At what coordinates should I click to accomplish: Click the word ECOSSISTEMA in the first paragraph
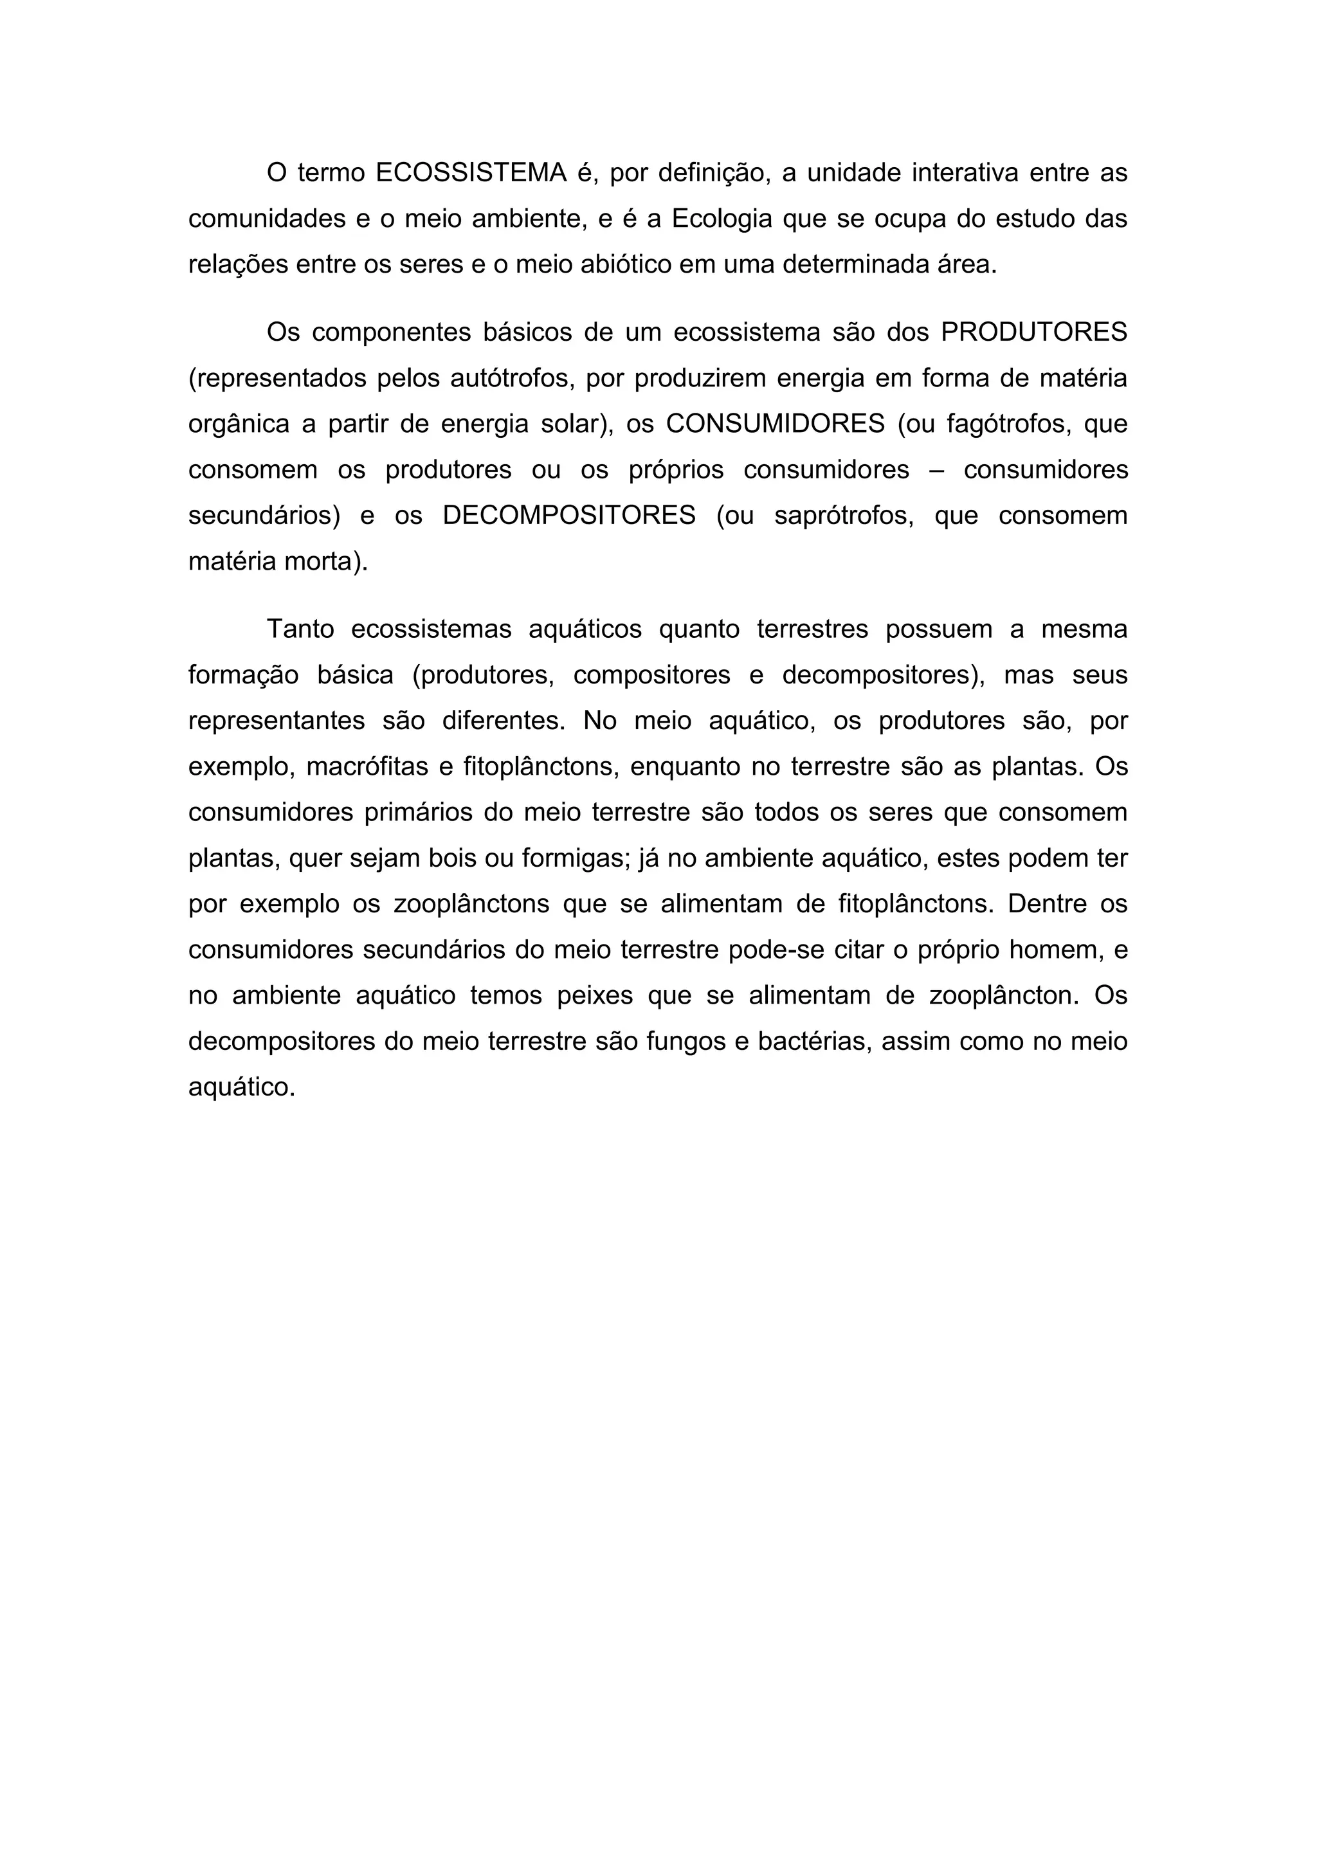(x=471, y=173)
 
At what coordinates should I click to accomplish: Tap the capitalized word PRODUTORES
(x=1034, y=332)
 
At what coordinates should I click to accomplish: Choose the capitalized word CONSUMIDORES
(x=776, y=424)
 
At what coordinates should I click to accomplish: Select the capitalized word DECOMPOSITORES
(x=569, y=516)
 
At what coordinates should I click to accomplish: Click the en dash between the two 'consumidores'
(x=937, y=471)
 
